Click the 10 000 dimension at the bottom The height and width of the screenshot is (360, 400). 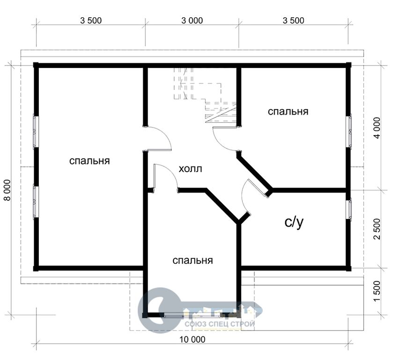click(193, 339)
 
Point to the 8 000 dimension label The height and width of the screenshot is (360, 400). click(7, 190)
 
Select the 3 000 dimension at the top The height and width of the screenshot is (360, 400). click(192, 21)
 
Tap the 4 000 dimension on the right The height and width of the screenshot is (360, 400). click(377, 128)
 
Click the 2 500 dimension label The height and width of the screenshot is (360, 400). click(377, 229)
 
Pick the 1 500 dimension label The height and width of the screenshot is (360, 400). click(377, 291)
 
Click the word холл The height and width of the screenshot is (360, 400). click(190, 169)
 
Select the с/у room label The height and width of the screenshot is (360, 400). click(294, 222)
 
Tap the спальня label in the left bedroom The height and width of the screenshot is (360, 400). click(89, 161)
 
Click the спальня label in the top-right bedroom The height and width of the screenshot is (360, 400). click(288, 112)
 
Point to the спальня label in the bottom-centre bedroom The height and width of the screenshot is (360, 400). click(193, 261)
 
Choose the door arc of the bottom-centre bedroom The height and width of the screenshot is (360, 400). click(170, 171)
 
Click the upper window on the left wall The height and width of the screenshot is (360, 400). click(35, 132)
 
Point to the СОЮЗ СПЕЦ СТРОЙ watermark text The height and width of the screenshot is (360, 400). click(220, 324)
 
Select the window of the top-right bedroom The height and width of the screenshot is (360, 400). click(349, 131)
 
